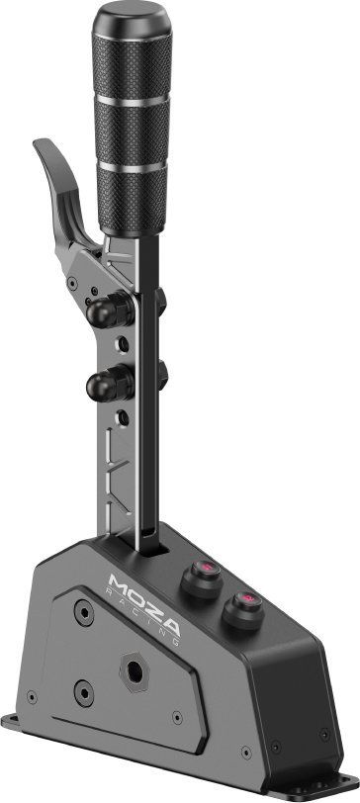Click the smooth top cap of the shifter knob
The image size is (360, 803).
click(x=129, y=18)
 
